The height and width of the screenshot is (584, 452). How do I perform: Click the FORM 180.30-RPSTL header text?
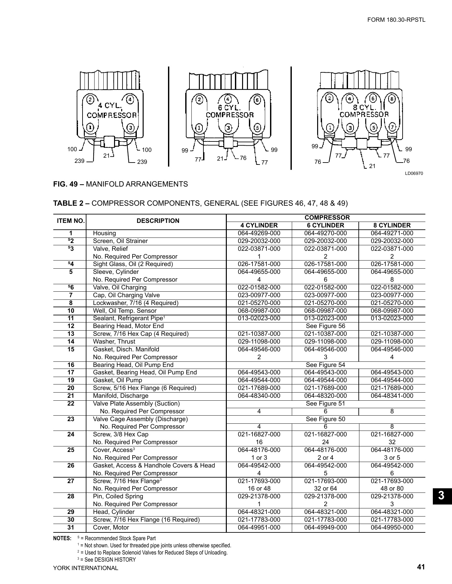point(396,20)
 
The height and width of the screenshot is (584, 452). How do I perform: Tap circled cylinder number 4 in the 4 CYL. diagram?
point(130,99)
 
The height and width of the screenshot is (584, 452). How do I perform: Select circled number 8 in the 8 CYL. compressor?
point(392,99)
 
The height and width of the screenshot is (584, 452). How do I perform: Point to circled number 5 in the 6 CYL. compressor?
point(257,128)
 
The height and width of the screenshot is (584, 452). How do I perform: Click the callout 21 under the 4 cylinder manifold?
point(107,156)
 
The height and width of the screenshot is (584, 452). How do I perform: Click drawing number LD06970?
point(414,174)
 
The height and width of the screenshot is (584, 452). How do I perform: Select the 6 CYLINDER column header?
point(325,225)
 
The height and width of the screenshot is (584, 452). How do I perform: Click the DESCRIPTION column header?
point(158,221)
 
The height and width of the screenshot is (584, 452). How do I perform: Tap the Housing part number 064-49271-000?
point(392,233)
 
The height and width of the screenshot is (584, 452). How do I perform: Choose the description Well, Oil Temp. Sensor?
point(125,310)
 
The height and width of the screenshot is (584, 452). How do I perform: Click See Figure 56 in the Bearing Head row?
point(325,326)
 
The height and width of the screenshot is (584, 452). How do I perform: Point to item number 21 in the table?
point(71,395)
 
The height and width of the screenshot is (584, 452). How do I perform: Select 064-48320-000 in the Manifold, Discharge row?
point(325,395)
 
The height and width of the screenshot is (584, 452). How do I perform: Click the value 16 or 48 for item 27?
point(259,488)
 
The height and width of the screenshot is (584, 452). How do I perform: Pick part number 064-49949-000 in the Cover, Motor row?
point(325,527)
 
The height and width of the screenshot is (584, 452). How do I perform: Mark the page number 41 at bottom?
point(421,567)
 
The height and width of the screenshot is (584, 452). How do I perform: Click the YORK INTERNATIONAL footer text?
point(86,568)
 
